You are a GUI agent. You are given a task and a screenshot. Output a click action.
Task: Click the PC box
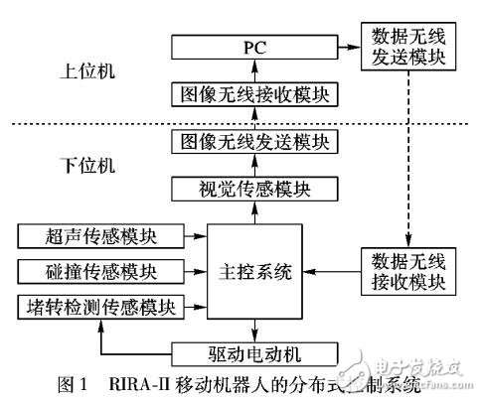[x=255, y=48]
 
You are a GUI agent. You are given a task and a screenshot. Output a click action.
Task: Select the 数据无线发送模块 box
[x=408, y=47]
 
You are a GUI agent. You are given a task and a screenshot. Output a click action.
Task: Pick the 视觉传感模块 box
[x=255, y=189]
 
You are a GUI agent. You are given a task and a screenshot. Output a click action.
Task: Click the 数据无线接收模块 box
[x=408, y=270]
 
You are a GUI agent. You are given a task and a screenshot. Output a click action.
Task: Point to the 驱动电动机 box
[x=255, y=352]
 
